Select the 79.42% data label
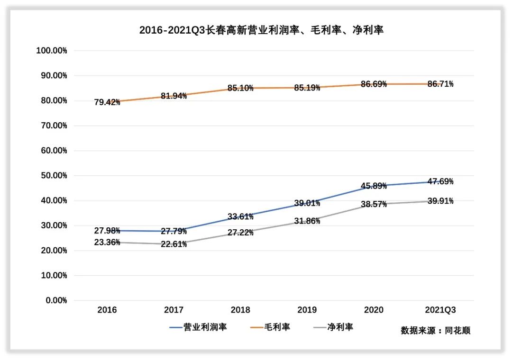pyautogui.click(x=107, y=102)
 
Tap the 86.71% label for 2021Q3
pyautogui.click(x=440, y=84)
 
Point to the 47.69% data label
pyautogui.click(x=440, y=181)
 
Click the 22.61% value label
pyautogui.click(x=174, y=244)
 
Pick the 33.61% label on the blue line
pyautogui.click(x=240, y=216)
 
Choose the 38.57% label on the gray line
pyautogui.click(x=374, y=204)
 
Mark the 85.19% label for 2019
pyautogui.click(x=307, y=88)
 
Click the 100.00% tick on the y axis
pyautogui.click(x=52, y=51)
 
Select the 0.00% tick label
pyautogui.click(x=55, y=300)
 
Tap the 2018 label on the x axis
pyautogui.click(x=240, y=310)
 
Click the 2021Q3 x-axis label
pyautogui.click(x=440, y=310)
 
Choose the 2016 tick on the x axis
pyautogui.click(x=107, y=310)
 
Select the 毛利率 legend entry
pyautogui.click(x=277, y=327)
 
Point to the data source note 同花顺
pyautogui.click(x=457, y=331)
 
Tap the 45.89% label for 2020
pyautogui.click(x=374, y=186)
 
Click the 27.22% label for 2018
pyautogui.click(x=240, y=233)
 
